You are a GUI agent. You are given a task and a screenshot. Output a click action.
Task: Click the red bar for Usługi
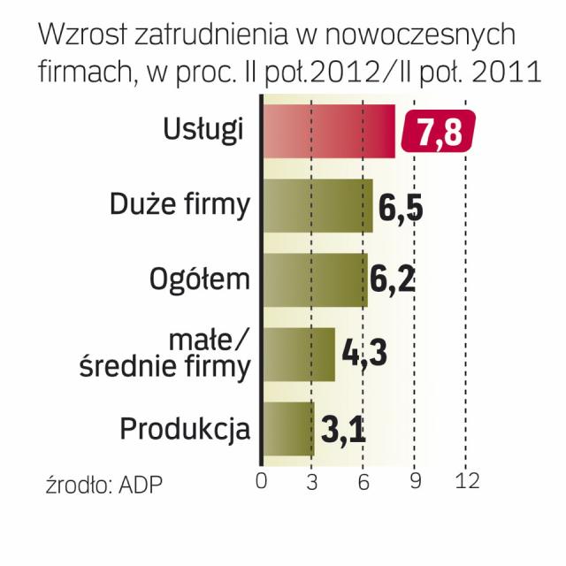(x=329, y=131)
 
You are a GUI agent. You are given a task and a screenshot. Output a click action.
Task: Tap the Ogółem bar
(x=316, y=280)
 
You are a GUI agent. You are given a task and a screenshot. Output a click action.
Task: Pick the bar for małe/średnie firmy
(x=300, y=355)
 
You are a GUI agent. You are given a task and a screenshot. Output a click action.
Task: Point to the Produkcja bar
(x=289, y=429)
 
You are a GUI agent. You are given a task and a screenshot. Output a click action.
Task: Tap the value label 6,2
(x=393, y=281)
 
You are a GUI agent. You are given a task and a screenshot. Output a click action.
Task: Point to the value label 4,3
(x=364, y=356)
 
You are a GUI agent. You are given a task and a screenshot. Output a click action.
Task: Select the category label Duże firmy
(x=180, y=204)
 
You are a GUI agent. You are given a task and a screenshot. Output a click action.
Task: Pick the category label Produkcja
(x=185, y=430)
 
